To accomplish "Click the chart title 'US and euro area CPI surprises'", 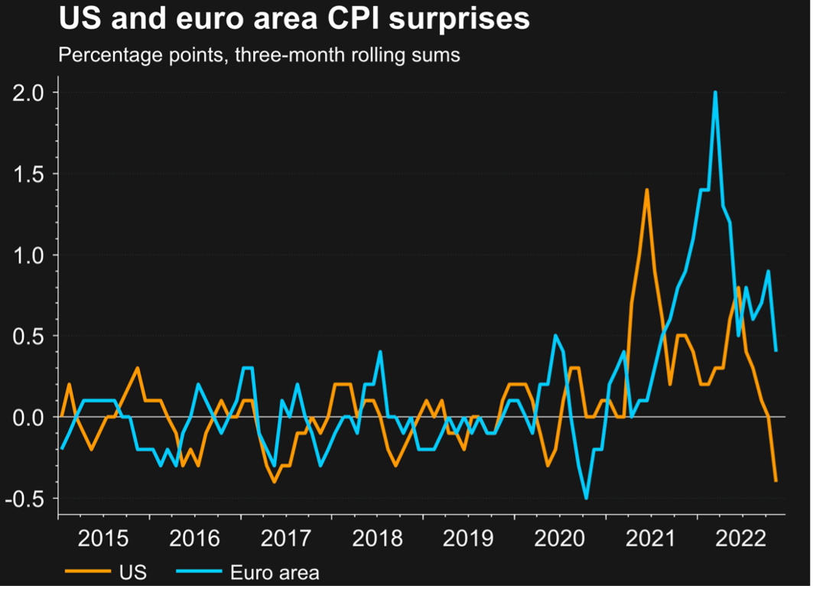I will [294, 19].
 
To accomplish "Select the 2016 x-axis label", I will [196, 538].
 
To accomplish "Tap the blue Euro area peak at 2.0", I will [715, 93].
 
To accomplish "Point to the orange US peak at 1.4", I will [646, 190].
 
